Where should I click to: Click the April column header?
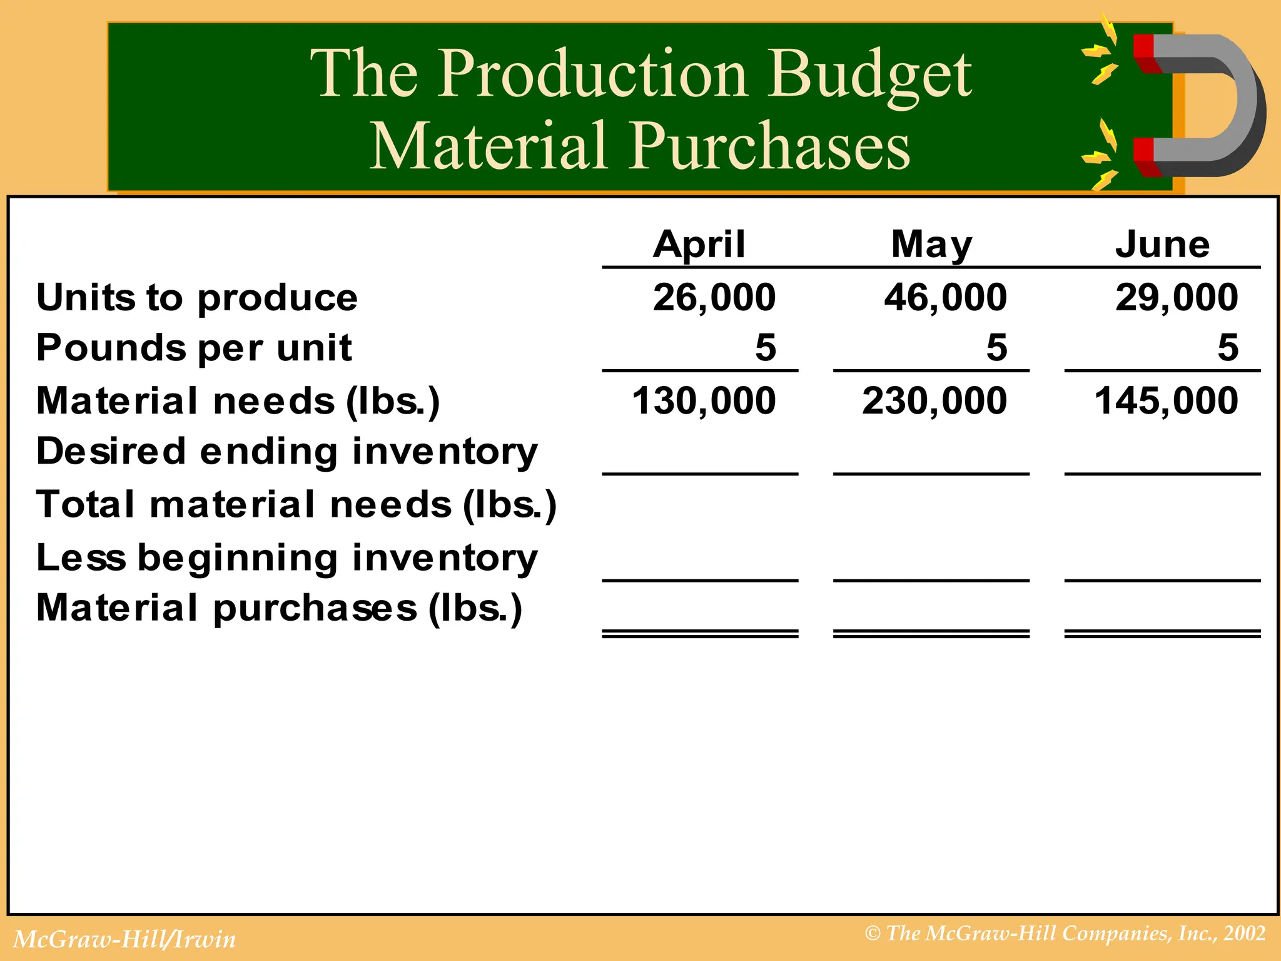point(699,244)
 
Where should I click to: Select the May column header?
point(931,244)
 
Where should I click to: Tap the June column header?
point(1162,244)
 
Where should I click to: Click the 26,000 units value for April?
point(714,297)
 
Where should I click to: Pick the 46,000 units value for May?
point(945,297)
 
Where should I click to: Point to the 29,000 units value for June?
point(1176,297)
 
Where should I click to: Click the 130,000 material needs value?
point(704,400)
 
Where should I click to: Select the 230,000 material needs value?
point(934,400)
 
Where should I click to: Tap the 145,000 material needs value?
point(1166,400)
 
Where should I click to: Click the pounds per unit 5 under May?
point(996,348)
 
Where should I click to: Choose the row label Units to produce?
point(197,297)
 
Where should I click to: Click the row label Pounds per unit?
point(194,348)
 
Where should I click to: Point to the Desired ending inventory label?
point(286,452)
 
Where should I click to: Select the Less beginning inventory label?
point(286,558)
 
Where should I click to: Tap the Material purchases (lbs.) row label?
point(279,608)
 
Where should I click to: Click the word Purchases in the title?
point(769,145)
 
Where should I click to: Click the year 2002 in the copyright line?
point(1245,933)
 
